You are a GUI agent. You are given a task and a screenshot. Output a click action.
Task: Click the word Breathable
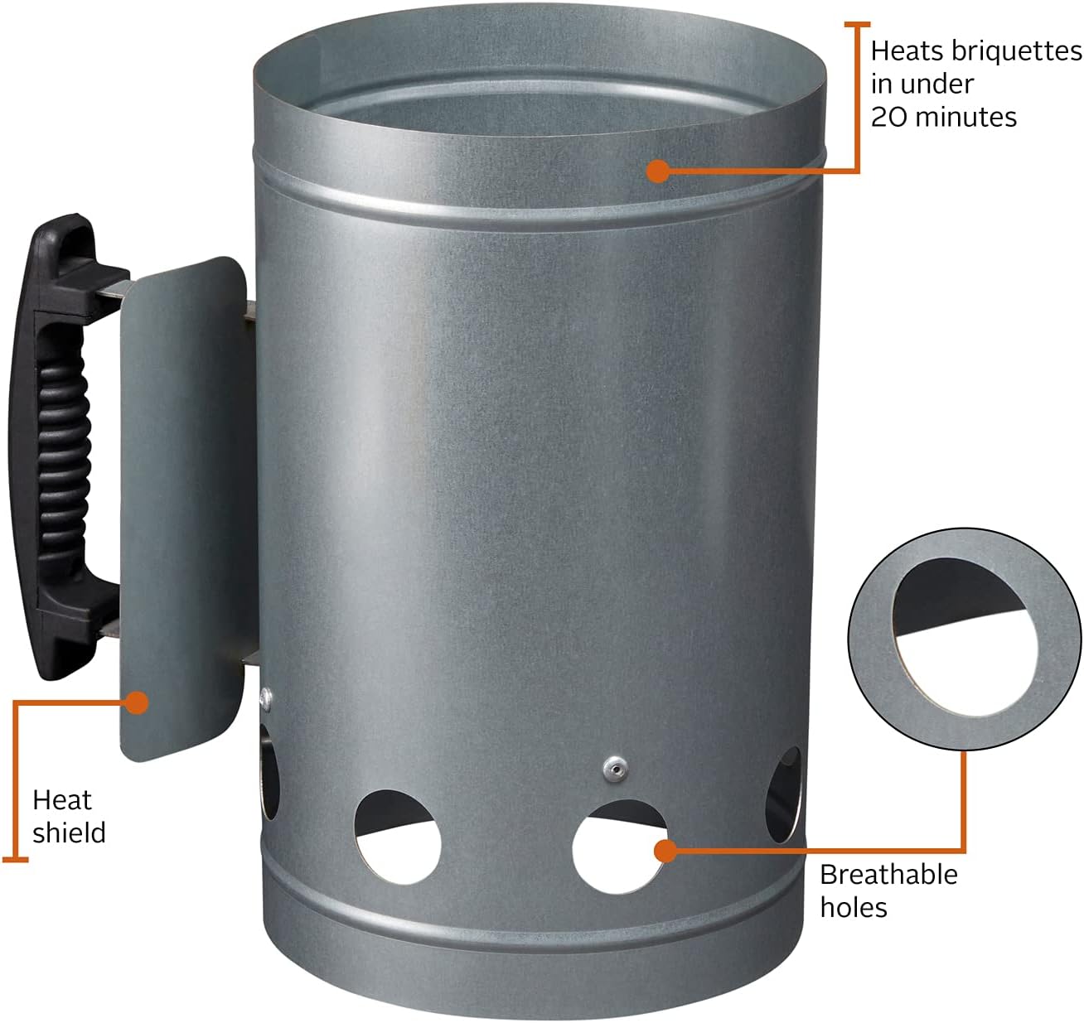(x=888, y=875)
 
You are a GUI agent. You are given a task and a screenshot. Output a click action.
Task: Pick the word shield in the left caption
(x=69, y=833)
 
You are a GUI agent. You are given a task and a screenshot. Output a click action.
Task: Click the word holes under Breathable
(x=854, y=908)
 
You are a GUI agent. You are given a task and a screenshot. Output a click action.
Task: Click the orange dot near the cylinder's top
(x=658, y=171)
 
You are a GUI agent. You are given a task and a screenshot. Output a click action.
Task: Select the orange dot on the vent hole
(x=665, y=851)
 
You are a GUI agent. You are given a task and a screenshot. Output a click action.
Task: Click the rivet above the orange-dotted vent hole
(x=615, y=770)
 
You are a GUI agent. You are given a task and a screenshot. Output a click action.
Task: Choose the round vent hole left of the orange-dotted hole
(x=397, y=837)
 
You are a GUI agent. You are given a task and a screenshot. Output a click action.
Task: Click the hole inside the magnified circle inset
(x=966, y=636)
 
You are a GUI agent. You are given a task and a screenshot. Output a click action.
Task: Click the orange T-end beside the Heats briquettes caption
(x=857, y=24)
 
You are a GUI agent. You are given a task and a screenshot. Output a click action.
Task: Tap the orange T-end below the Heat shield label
(x=15, y=861)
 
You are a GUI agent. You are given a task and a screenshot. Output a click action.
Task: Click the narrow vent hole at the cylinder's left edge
(x=269, y=771)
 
